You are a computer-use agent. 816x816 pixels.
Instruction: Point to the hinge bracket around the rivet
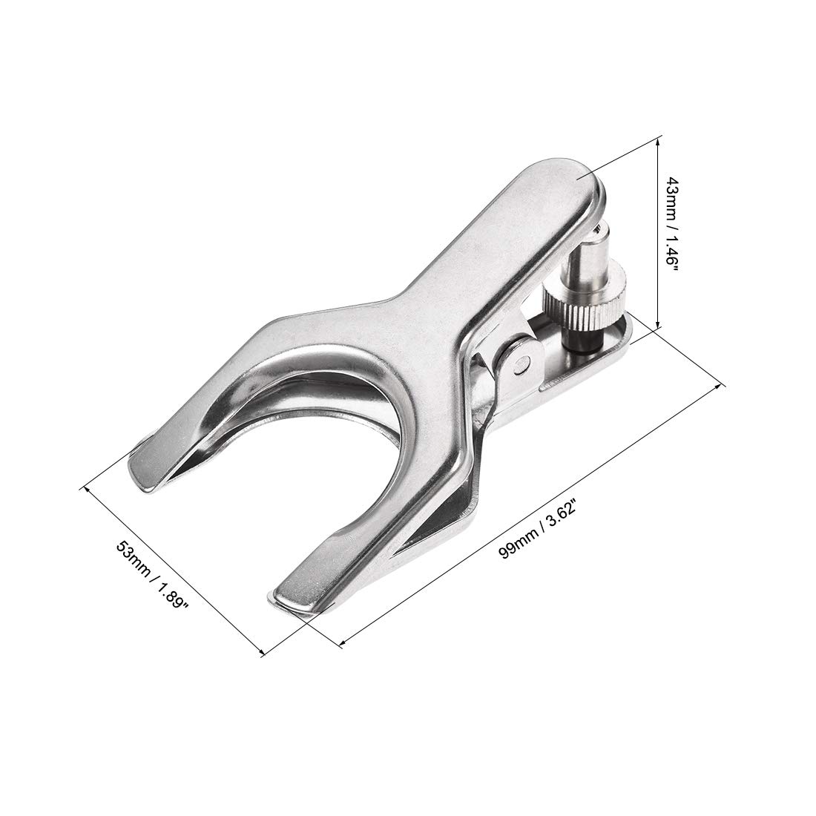pyautogui.click(x=512, y=363)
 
